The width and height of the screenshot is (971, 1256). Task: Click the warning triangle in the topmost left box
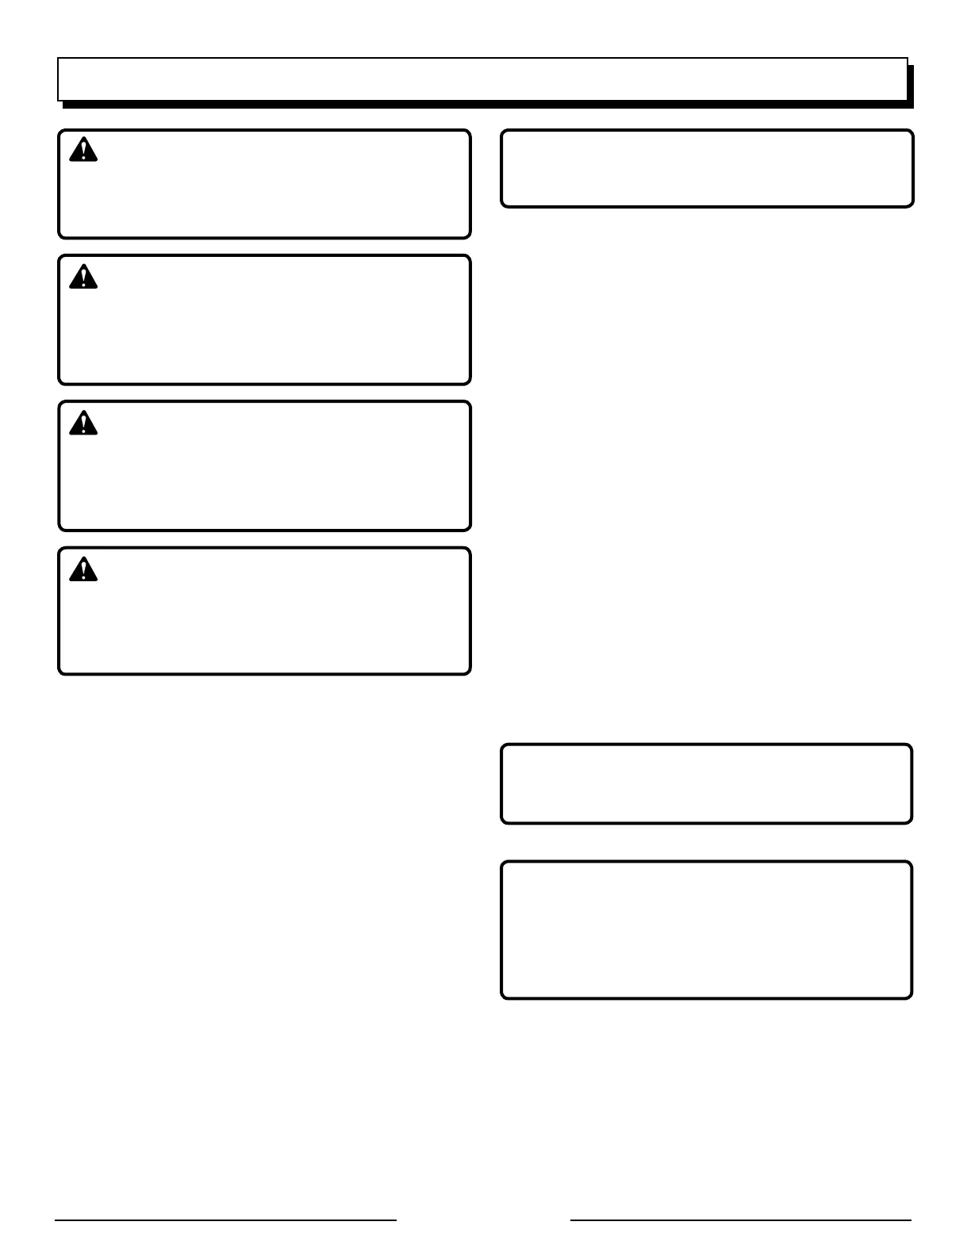point(83,150)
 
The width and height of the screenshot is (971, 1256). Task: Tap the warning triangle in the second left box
point(83,277)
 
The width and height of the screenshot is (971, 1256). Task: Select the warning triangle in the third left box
point(83,423)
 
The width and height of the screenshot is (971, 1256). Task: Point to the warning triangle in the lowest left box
point(83,569)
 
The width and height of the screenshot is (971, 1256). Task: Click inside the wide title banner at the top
point(482,79)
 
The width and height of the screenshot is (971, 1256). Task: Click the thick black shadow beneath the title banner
point(488,105)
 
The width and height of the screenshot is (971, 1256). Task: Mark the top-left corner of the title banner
point(58,58)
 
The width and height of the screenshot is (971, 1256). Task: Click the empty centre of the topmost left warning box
point(265,184)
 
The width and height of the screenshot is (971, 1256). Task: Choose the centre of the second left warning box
point(265,320)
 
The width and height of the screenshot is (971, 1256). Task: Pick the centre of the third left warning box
point(265,466)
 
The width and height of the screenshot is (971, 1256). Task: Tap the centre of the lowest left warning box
point(265,611)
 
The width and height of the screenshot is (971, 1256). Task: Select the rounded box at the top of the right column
point(707,169)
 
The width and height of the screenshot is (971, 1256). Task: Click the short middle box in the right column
point(707,784)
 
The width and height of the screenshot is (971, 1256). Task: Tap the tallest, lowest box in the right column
point(707,930)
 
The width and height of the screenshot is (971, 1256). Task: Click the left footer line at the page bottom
point(225,1220)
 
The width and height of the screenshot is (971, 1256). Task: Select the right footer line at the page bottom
point(741,1220)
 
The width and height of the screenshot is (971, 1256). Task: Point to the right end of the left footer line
point(395,1220)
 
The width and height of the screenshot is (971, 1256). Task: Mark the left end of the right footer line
point(572,1220)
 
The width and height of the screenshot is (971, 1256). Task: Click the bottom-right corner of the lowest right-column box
point(911,997)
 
